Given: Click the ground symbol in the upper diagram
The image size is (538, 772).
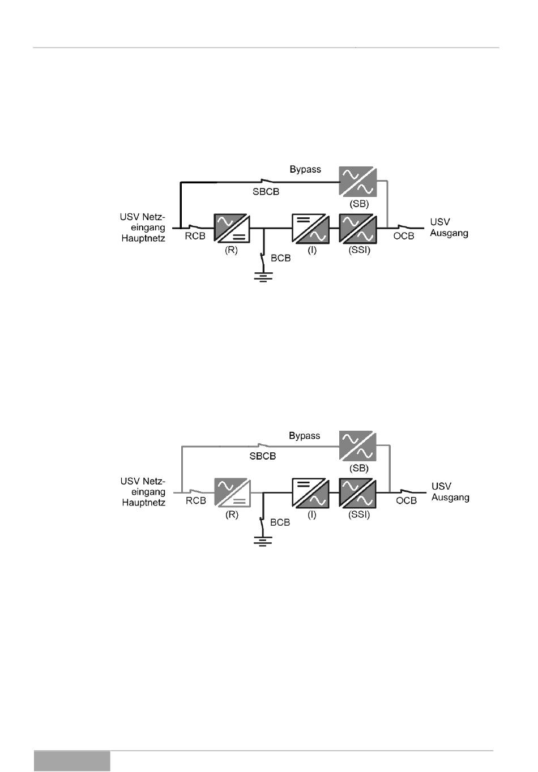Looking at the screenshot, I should click(x=263, y=277).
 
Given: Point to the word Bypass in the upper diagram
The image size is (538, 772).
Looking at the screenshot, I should click(x=305, y=169).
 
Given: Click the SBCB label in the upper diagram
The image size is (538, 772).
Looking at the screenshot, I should click(x=266, y=191).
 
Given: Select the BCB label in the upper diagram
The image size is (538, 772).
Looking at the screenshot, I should click(x=281, y=258).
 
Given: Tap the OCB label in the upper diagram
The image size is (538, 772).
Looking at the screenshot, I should click(x=404, y=235).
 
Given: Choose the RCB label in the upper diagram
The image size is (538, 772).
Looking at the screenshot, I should click(x=195, y=236).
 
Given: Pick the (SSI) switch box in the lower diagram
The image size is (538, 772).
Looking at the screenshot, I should click(x=357, y=492).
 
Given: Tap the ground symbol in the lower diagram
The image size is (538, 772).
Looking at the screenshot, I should click(x=263, y=541).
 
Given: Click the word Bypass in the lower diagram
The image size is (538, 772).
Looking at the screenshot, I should click(x=305, y=436).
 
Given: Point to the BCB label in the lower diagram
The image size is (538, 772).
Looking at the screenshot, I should click(x=280, y=522).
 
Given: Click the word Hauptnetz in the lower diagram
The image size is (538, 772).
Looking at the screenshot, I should click(x=144, y=503).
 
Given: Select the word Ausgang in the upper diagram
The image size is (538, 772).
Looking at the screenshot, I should click(x=449, y=233).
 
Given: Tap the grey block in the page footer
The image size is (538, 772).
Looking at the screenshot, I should click(x=72, y=761).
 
